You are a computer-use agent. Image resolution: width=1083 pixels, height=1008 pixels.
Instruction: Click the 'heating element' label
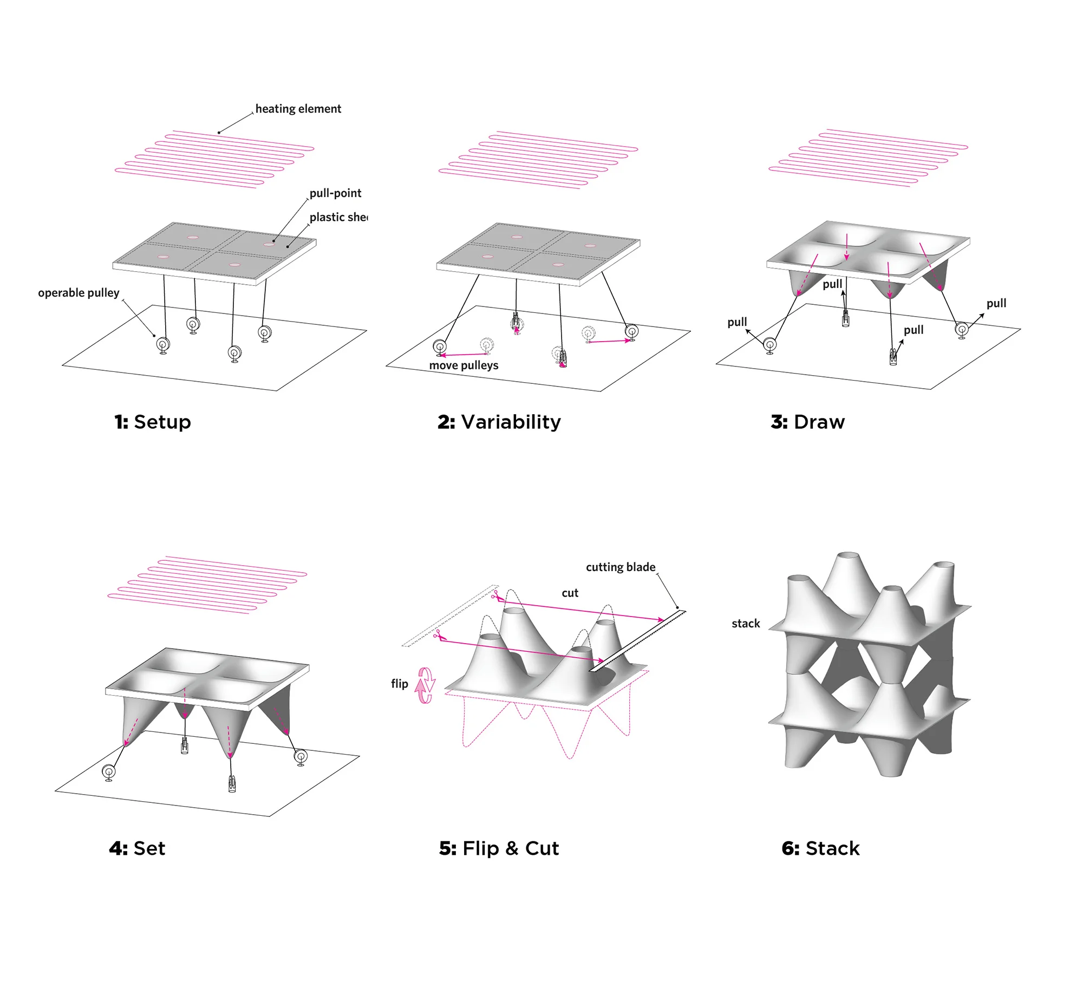tap(298, 109)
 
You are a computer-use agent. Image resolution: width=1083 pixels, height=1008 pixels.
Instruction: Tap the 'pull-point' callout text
tap(335, 193)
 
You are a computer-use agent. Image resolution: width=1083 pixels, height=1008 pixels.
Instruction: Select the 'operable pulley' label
tap(79, 293)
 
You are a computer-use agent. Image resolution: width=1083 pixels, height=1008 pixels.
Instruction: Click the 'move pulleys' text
tap(464, 365)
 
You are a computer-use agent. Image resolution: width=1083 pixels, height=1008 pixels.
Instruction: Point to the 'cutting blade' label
tap(621, 567)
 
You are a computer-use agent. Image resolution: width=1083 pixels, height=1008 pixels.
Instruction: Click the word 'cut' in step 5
tap(570, 593)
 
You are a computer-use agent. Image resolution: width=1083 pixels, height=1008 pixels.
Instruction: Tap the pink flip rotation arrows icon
tap(425, 685)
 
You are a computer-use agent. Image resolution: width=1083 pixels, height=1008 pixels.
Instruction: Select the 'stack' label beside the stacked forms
tap(745, 624)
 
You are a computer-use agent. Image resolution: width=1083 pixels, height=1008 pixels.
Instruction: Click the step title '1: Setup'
tap(153, 422)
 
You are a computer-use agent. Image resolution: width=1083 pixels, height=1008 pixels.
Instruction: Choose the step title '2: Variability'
tap(499, 422)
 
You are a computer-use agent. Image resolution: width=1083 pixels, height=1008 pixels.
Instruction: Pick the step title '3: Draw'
tap(807, 422)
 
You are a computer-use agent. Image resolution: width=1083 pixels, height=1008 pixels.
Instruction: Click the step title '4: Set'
tap(137, 848)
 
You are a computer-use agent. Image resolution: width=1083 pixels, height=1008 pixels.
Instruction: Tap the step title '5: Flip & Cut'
tap(499, 848)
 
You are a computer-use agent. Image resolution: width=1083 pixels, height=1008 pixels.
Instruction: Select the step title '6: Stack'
tap(820, 848)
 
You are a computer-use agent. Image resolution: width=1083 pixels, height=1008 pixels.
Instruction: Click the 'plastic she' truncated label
tap(338, 217)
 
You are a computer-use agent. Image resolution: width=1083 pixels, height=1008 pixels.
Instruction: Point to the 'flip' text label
tap(399, 684)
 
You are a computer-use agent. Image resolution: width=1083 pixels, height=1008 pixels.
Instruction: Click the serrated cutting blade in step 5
tap(637, 641)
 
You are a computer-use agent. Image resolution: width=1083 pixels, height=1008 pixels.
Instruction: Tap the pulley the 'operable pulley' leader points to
tap(163, 345)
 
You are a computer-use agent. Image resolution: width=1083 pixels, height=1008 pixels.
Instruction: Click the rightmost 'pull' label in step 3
tap(996, 303)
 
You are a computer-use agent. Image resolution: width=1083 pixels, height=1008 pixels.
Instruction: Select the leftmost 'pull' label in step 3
tap(737, 323)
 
